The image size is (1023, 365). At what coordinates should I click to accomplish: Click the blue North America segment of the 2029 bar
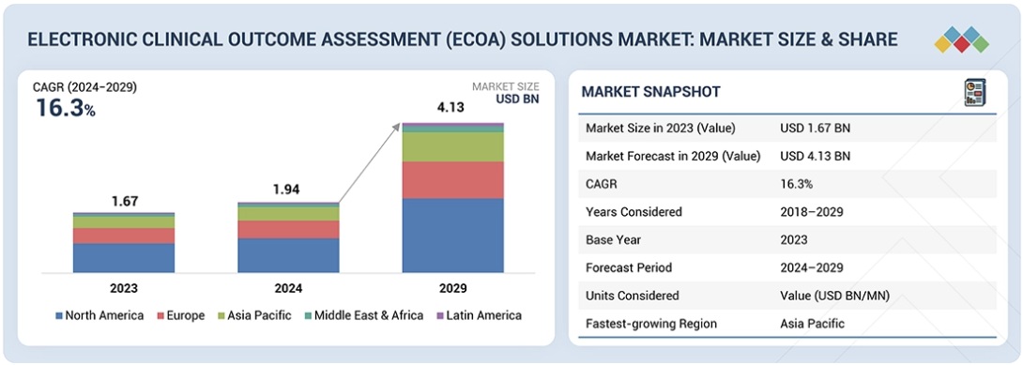[x=452, y=235]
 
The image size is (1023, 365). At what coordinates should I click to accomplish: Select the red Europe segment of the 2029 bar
[x=452, y=179]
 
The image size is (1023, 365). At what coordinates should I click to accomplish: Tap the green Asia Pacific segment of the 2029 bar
[x=452, y=146]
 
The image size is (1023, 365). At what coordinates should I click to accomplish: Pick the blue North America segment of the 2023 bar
[x=124, y=258]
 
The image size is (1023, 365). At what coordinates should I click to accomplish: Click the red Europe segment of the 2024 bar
[x=288, y=229]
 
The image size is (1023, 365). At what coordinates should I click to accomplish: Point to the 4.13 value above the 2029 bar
[x=452, y=108]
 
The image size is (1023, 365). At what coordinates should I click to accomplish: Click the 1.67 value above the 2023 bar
[x=124, y=200]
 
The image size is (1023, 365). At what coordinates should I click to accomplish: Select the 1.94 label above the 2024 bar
[x=288, y=190]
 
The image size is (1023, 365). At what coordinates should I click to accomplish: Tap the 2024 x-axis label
[x=288, y=288]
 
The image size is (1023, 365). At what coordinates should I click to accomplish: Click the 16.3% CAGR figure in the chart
[x=65, y=108]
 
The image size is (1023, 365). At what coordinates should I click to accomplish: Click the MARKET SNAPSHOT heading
[x=650, y=92]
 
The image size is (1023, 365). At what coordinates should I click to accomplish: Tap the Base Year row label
[x=615, y=239]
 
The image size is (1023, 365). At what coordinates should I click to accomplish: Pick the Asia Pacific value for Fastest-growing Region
[x=812, y=324]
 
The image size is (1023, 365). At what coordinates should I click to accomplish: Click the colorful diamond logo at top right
[x=962, y=39]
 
